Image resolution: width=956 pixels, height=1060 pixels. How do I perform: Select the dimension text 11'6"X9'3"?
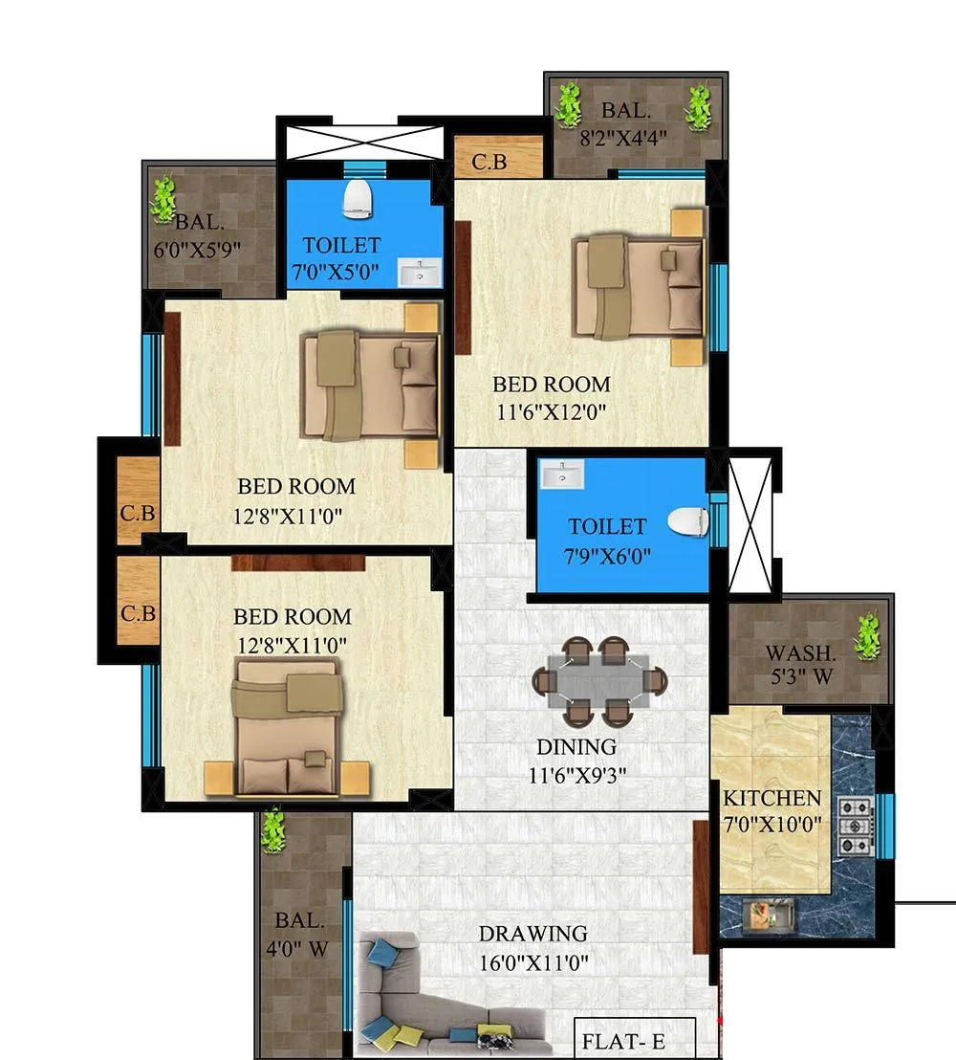tap(576, 776)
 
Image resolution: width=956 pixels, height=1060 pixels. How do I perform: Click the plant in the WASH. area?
tap(866, 635)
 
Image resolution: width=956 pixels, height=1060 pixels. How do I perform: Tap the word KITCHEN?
tap(771, 798)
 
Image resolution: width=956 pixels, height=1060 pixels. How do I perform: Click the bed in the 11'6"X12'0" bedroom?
tap(638, 287)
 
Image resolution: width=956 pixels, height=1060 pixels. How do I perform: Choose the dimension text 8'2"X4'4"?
tap(622, 136)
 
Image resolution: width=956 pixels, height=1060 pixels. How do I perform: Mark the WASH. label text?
tap(801, 655)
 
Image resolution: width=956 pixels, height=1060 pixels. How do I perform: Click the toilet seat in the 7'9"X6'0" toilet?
tap(688, 521)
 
